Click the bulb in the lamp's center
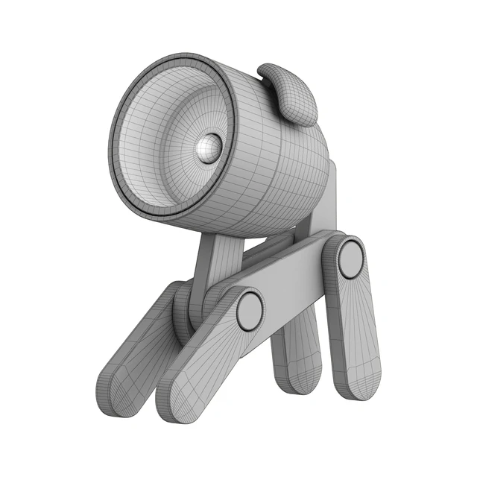(208, 148)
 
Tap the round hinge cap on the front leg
(250, 311)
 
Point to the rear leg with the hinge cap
(358, 328)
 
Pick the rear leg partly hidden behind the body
(298, 350)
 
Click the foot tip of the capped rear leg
(361, 384)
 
